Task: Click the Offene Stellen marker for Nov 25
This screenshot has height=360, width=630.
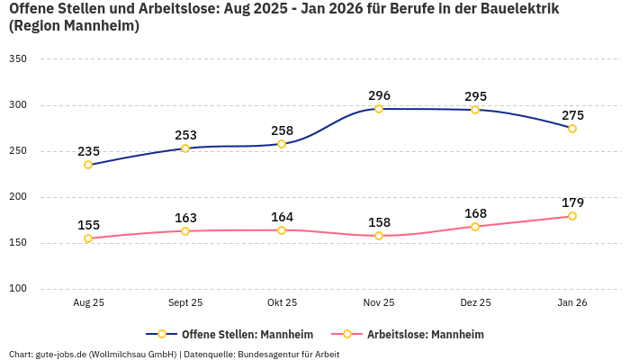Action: pos(379,109)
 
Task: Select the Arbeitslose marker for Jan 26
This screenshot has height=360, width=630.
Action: pos(571,216)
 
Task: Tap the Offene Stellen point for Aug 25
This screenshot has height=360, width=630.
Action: pos(88,165)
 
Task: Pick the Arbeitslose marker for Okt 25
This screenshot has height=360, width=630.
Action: pos(282,230)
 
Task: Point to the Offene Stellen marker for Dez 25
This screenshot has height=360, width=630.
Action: pos(475,110)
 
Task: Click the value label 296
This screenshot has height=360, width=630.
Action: pos(379,95)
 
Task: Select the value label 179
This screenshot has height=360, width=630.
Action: pos(572,202)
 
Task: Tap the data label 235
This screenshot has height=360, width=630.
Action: pos(88,151)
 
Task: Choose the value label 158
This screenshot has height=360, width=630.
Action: pos(379,222)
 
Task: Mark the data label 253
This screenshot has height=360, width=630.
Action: pos(185,135)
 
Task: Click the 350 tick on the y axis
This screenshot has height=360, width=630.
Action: pos(18,58)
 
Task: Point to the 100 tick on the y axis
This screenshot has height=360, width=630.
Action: pos(18,289)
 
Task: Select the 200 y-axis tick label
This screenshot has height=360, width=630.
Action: pos(18,197)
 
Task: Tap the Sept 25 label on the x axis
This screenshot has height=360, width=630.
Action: pos(185,303)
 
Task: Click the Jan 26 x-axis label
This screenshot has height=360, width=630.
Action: pos(571,303)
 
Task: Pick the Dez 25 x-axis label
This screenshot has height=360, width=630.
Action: pos(475,303)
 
